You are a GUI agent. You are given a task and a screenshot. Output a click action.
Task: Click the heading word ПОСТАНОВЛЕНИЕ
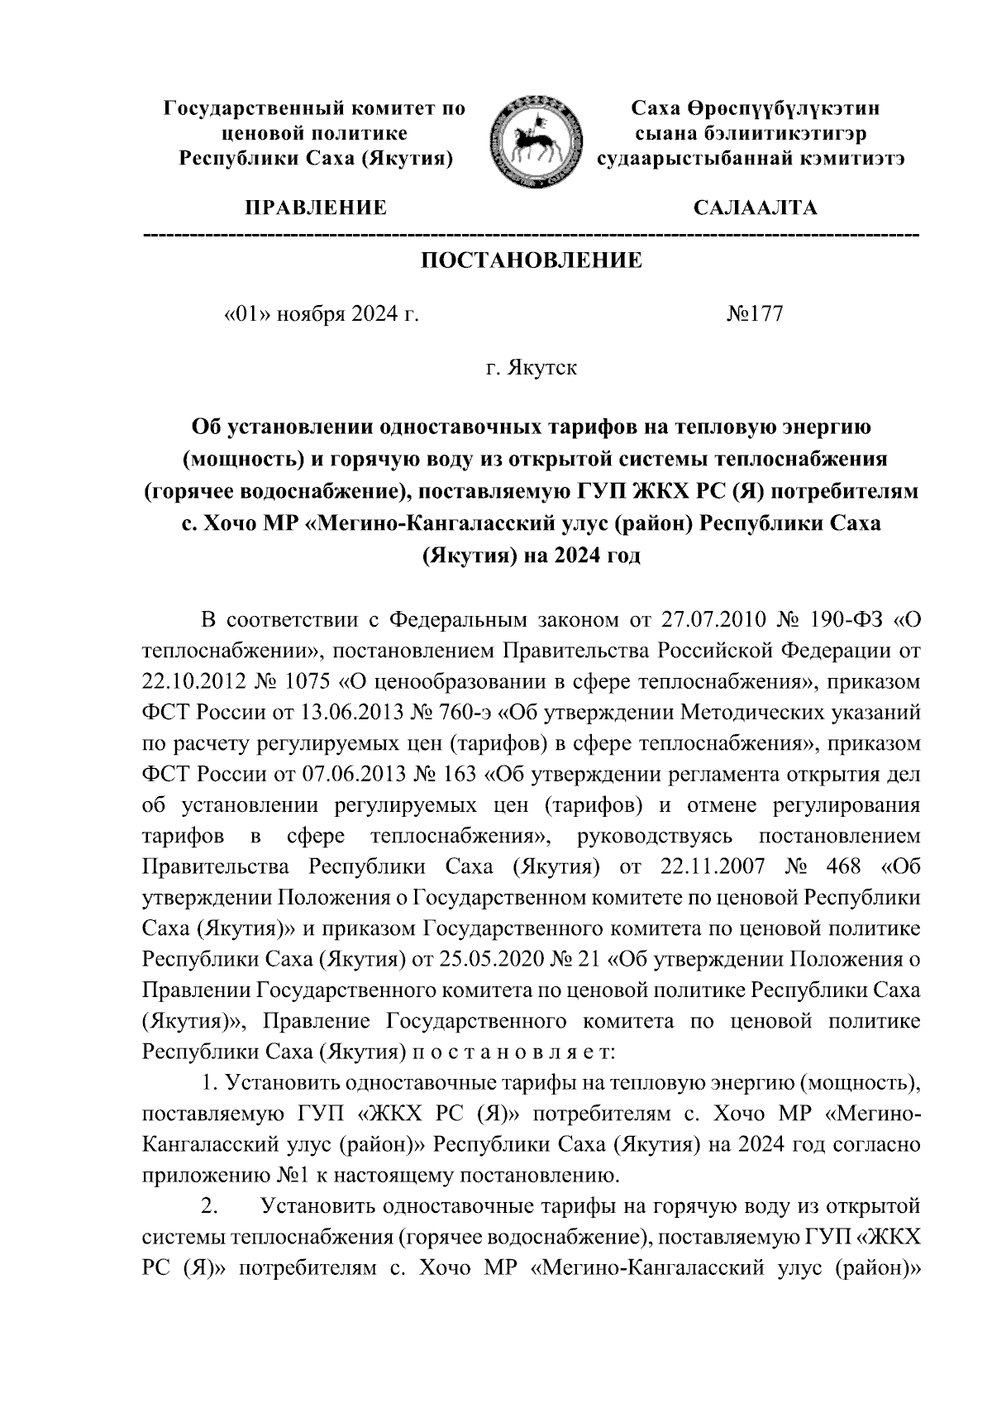click(x=532, y=261)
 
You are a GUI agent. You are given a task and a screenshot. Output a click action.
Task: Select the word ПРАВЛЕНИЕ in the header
click(x=313, y=208)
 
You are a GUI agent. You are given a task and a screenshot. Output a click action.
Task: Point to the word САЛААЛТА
click(x=755, y=208)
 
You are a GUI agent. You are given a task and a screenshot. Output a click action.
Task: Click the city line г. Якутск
click(x=531, y=368)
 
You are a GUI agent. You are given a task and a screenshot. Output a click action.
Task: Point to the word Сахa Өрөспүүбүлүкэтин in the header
click(x=755, y=108)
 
